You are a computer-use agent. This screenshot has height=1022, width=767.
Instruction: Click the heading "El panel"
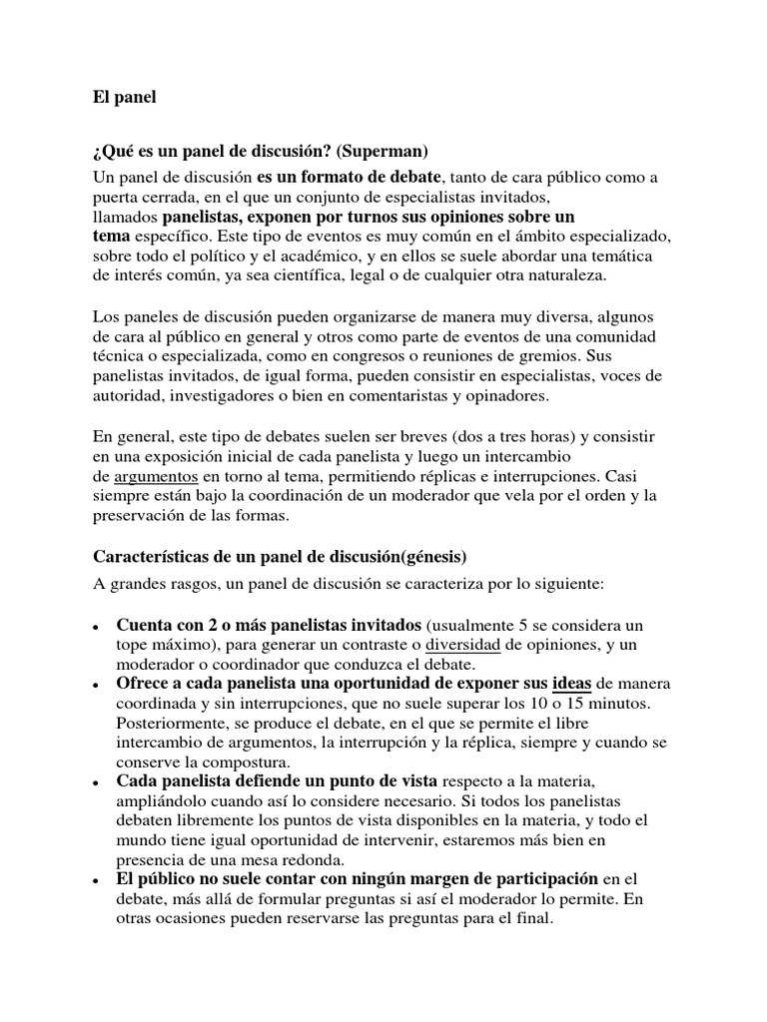[x=125, y=99]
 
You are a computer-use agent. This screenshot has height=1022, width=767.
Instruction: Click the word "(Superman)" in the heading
[x=382, y=152]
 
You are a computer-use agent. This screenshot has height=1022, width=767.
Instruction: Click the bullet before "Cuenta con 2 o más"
[x=94, y=628]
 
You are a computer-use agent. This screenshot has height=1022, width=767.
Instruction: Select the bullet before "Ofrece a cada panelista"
[x=94, y=685]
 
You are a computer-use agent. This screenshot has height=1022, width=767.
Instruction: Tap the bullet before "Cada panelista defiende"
[x=94, y=780]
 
